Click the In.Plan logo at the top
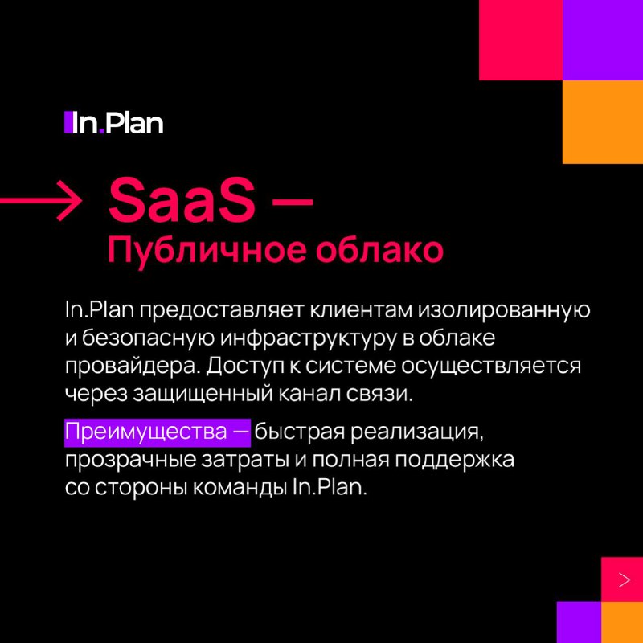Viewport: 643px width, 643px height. pyautogui.click(x=113, y=123)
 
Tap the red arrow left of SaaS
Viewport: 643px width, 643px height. pyautogui.click(x=41, y=201)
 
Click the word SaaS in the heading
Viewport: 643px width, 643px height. pyautogui.click(x=182, y=202)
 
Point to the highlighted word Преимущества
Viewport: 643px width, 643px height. pyautogui.click(x=146, y=432)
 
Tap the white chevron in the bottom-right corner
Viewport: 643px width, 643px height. pyautogui.click(x=625, y=580)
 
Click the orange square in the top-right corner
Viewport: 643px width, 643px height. pyautogui.click(x=603, y=122)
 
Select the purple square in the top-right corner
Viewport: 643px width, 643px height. pyautogui.click(x=603, y=40)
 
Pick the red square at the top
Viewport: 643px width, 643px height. pyautogui.click(x=521, y=40)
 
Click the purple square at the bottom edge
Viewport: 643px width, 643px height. pyautogui.click(x=579, y=622)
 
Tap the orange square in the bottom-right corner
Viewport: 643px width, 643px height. pyautogui.click(x=622, y=622)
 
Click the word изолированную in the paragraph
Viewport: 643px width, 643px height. pyautogui.click(x=504, y=310)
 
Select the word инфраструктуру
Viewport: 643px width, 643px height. pyautogui.click(x=309, y=338)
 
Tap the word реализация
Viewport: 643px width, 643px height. pyautogui.click(x=416, y=432)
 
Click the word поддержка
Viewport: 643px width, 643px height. pyautogui.click(x=455, y=460)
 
